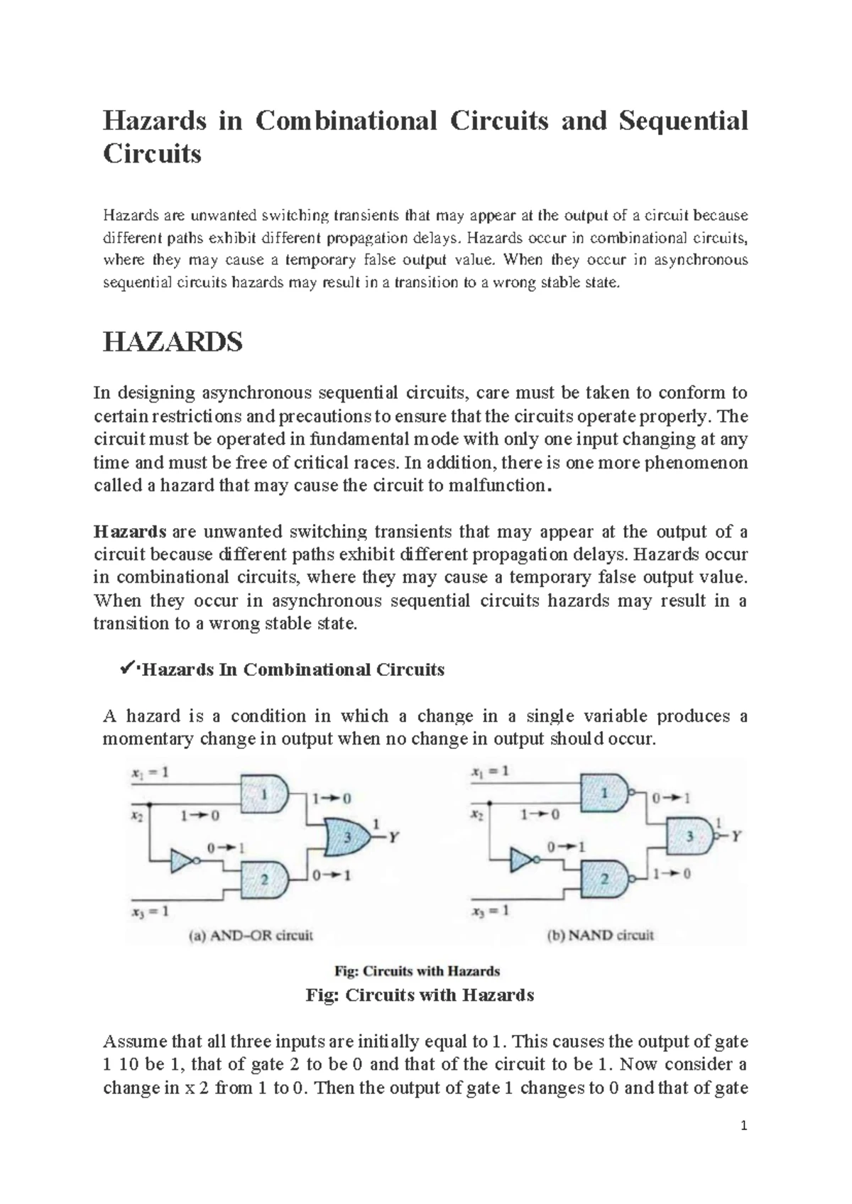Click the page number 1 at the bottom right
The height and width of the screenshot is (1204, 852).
pyautogui.click(x=744, y=1126)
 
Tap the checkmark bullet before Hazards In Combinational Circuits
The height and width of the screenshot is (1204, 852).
pyautogui.click(x=127, y=667)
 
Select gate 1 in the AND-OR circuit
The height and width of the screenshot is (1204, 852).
pyautogui.click(x=266, y=794)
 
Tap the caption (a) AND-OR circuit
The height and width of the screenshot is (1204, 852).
pyautogui.click(x=251, y=935)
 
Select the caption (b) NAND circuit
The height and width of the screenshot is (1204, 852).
pyautogui.click(x=601, y=935)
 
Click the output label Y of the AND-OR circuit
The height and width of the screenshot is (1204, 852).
pyautogui.click(x=392, y=837)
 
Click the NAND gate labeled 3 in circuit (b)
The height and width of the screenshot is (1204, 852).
pyautogui.click(x=688, y=836)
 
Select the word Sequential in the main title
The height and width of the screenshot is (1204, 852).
pyautogui.click(x=683, y=121)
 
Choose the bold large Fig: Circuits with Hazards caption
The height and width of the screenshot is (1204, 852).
pyautogui.click(x=419, y=995)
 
